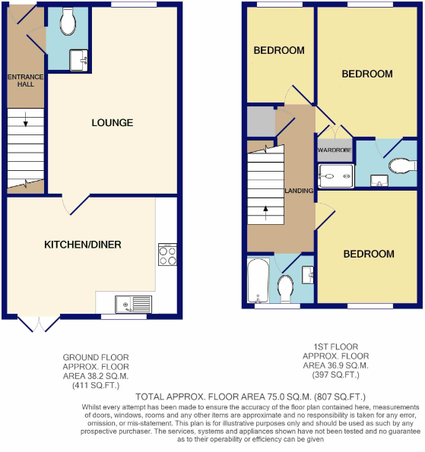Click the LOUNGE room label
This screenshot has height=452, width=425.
coord(112,122)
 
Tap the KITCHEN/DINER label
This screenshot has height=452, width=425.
coord(82,245)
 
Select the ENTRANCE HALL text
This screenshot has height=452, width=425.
coord(26,81)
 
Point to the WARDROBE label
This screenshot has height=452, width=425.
coord(333,150)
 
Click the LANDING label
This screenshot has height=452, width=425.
coord(299,190)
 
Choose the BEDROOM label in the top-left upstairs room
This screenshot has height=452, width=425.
coord(278,51)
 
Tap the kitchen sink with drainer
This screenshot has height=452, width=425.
coord(133,305)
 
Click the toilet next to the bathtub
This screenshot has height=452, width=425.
coord(286,288)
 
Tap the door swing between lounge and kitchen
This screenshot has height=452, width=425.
coord(72,204)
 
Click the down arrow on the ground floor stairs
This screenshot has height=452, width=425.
coord(26,119)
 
